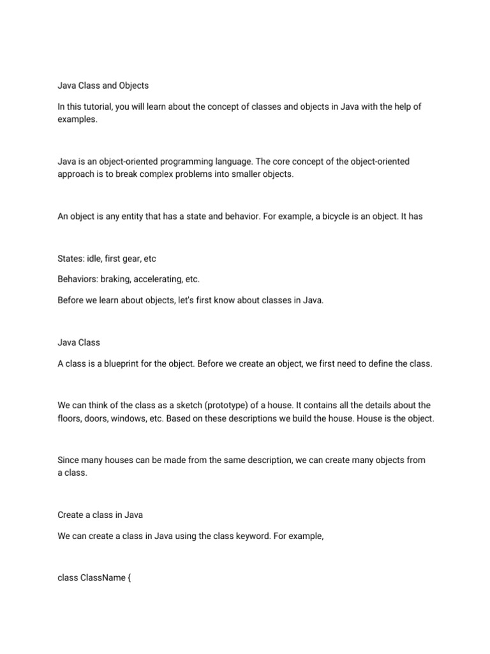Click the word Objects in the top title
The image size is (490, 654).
pos(132,85)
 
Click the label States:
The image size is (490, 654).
pos(72,259)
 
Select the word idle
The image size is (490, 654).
pos(99,259)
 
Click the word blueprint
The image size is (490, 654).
pos(118,364)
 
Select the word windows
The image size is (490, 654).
pos(143,418)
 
